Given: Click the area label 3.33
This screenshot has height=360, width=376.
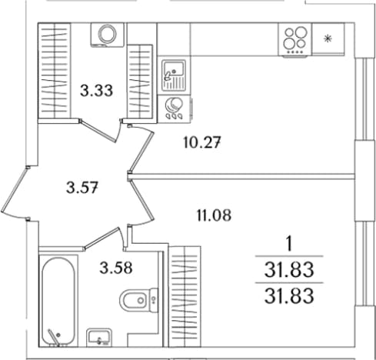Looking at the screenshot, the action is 96,91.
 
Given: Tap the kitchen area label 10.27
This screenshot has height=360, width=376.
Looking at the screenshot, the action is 202,142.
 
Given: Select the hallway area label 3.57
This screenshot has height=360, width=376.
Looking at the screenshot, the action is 82,187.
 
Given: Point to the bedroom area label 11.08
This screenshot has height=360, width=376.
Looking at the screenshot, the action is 214,215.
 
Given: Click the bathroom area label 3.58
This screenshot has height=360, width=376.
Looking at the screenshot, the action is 116,268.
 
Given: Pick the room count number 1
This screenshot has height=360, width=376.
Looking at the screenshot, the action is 289,244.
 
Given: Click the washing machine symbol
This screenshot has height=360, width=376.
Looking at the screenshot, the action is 107,35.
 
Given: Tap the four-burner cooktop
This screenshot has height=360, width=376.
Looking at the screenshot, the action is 295,40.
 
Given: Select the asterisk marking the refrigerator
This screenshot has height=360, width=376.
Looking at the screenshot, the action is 328,38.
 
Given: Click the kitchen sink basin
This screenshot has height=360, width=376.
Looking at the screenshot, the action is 174,75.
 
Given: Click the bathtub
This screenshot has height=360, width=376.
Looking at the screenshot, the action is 58,302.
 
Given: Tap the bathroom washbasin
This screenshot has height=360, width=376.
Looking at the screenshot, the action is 99,338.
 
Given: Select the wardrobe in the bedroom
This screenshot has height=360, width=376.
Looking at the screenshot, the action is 185,296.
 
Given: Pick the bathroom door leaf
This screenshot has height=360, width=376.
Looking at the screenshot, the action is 102,238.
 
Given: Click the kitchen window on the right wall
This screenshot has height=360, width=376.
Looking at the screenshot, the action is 364,99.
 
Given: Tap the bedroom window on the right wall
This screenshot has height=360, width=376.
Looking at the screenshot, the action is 364,263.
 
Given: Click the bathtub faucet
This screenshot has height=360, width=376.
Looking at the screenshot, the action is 54,336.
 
